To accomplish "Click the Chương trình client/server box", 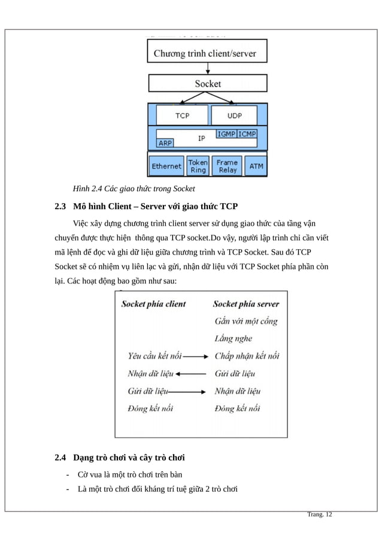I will [x=207, y=53].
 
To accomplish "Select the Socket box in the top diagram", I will [x=207, y=84].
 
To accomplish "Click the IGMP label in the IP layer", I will [x=226, y=134].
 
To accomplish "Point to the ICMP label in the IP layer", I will [x=247, y=134].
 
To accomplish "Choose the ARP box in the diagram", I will [x=165, y=143].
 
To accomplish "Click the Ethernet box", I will [x=166, y=166].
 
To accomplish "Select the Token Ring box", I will [x=198, y=166].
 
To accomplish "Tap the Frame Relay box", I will [x=227, y=166].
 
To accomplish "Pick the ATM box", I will [x=256, y=166].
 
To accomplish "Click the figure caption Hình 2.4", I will [x=134, y=189].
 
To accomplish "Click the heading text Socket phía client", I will [x=154, y=304].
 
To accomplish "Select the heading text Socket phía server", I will [x=246, y=304].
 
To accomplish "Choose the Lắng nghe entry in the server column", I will [x=234, y=338].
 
